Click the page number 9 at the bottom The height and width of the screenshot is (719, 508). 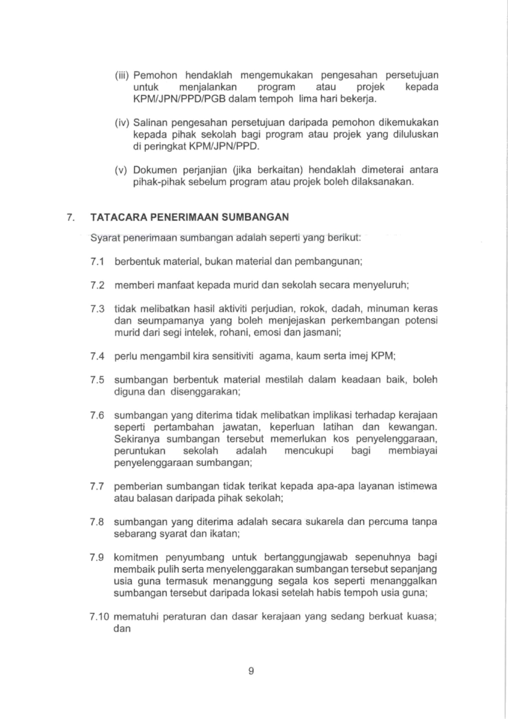(251, 671)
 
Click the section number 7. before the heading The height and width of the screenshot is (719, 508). (71, 217)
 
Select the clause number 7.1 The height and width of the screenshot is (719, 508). (98, 262)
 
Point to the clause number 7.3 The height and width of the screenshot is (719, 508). (98, 309)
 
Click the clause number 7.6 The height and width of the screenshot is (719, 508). (98, 415)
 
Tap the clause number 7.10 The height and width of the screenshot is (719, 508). (100, 617)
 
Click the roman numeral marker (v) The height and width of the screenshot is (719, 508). (121, 170)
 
